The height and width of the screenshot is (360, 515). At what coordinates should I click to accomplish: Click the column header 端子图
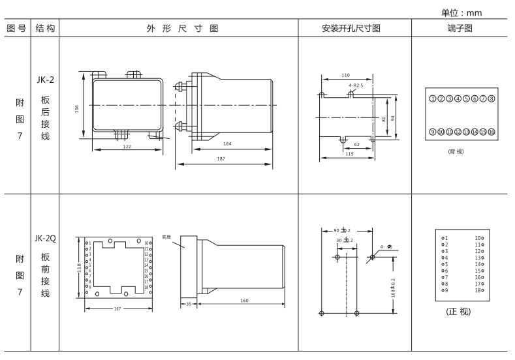[461, 28]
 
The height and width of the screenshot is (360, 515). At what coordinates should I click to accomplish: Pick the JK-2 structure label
[46, 80]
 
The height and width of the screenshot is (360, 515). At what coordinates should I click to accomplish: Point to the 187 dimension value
[223, 158]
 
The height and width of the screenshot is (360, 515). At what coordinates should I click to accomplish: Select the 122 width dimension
[127, 147]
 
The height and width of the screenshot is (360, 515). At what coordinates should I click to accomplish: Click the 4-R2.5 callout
[356, 85]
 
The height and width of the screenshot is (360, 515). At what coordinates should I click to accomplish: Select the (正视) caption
[460, 311]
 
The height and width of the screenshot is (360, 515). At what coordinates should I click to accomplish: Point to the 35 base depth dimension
[187, 303]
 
